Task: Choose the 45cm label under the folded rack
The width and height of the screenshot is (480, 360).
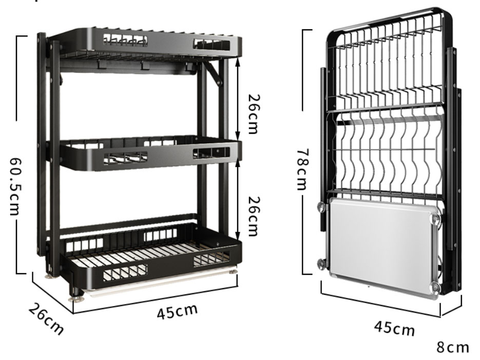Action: (x=394, y=327)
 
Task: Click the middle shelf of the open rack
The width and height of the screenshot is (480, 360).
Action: (x=149, y=151)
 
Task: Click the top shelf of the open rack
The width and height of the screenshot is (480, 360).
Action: (x=149, y=46)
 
